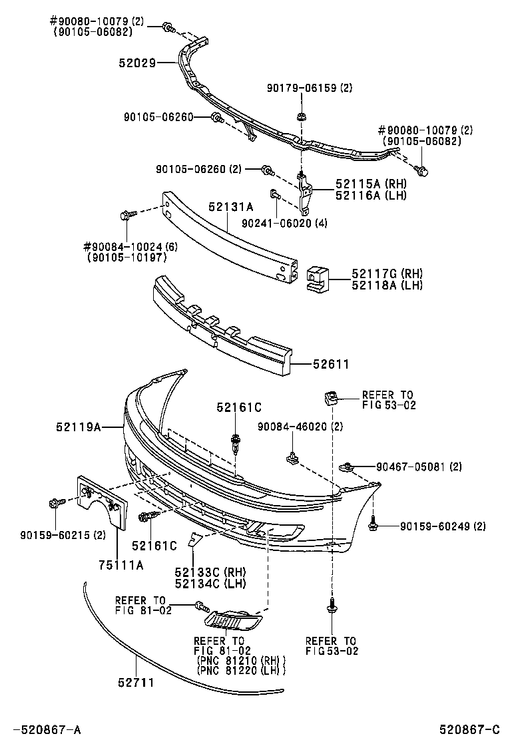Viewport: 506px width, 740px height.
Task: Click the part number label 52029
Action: pyautogui.click(x=137, y=63)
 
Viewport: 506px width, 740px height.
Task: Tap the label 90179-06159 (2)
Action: pyautogui.click(x=310, y=88)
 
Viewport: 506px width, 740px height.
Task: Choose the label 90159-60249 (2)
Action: pyautogui.click(x=443, y=526)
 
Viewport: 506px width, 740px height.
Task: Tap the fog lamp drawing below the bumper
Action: pyautogui.click(x=233, y=620)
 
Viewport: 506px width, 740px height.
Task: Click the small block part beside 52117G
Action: pyautogui.click(x=319, y=279)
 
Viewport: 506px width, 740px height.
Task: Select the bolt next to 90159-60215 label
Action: pyautogui.click(x=56, y=504)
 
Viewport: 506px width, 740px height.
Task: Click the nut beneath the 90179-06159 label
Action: pyautogui.click(x=301, y=116)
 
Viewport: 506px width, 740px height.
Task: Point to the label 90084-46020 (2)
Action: pyautogui.click(x=300, y=426)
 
